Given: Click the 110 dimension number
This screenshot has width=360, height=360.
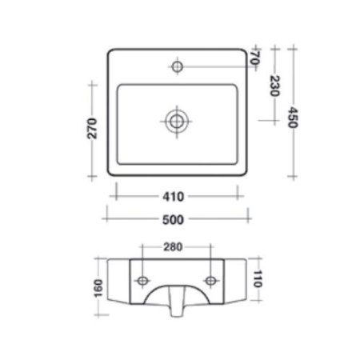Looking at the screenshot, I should (x=258, y=279).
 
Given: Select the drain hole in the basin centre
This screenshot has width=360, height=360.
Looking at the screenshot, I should (x=176, y=121).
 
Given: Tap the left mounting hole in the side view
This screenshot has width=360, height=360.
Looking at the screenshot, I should (x=142, y=280).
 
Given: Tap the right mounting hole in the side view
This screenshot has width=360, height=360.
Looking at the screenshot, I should (x=212, y=280).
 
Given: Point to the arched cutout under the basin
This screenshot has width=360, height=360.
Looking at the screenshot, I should (x=177, y=294).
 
